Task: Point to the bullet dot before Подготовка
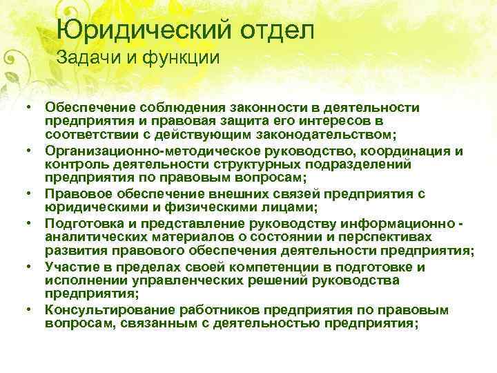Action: pos(32,225)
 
